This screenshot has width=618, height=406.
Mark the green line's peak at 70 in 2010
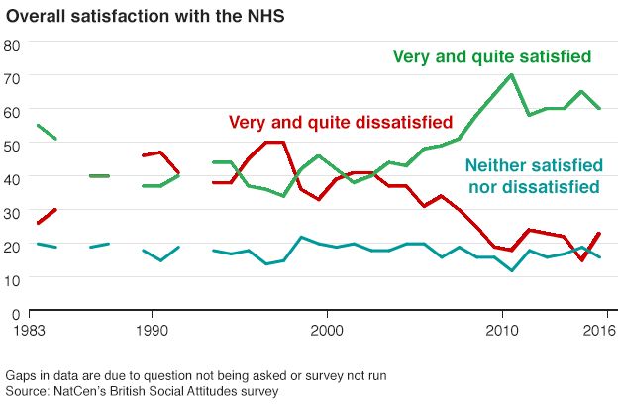tap(511, 75)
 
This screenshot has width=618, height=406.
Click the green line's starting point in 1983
tap(37, 125)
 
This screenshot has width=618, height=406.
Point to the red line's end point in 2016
tap(600, 233)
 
